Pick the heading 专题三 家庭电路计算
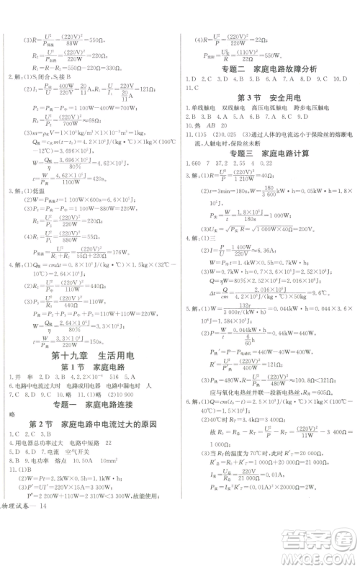click(x=269, y=154)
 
